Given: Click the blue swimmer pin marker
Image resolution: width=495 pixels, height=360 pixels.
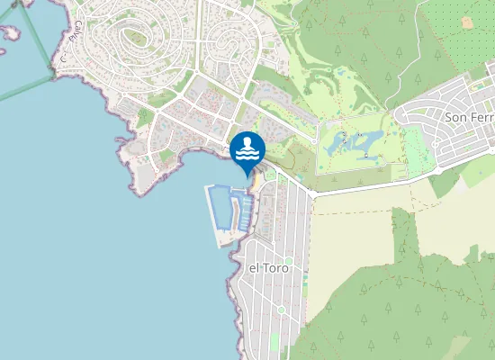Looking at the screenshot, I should [x=247, y=149].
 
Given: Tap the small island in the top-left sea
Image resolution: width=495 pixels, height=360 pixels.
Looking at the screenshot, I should [x=9, y=31].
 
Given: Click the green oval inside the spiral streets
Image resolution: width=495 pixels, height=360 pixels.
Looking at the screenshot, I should [x=136, y=38].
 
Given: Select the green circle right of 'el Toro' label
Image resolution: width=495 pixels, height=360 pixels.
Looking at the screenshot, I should [x=289, y=262].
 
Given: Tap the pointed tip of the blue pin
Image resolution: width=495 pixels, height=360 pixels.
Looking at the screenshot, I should [x=247, y=175].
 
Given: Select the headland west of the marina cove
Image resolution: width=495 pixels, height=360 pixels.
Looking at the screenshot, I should [x=144, y=175].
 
